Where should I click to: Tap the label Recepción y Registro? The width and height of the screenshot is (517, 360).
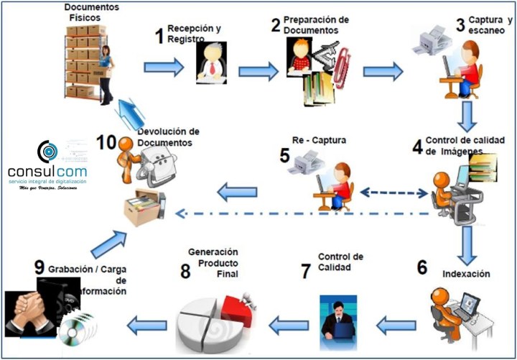(193, 33)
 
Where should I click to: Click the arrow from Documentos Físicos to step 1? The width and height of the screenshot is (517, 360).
(164, 68)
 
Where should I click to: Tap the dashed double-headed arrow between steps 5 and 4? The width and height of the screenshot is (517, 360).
(393, 193)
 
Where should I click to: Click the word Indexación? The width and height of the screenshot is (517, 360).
(467, 274)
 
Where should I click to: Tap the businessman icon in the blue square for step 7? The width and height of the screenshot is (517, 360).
(337, 317)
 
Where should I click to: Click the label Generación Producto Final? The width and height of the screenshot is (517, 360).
(213, 263)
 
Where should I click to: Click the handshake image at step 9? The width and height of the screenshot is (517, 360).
(29, 313)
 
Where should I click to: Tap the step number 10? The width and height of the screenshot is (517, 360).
(106, 142)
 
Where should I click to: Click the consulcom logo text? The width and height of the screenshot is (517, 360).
(47, 172)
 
